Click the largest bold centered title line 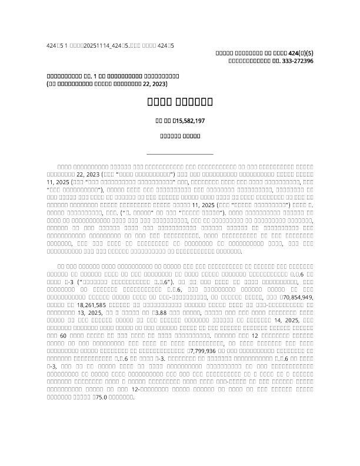(180, 102)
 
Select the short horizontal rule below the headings (179, 154)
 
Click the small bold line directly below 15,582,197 (180, 137)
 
